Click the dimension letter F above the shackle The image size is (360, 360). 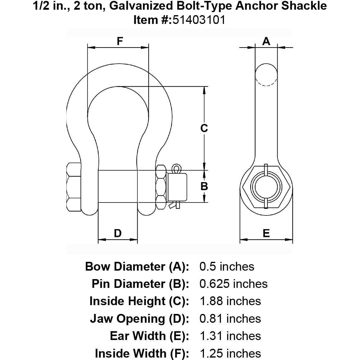120,41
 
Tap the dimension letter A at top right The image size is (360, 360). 266,41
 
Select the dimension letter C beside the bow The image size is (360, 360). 204,128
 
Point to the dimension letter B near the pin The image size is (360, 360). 204,186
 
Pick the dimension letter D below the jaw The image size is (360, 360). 118,233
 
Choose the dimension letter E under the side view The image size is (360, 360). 266,233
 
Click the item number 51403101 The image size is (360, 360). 199,20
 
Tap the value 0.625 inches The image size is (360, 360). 234,284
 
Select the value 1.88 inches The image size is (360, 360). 230,301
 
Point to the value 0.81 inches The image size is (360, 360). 230,318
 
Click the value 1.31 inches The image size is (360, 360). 230,336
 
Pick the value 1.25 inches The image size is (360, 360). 230,353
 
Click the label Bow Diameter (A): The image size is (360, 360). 137,267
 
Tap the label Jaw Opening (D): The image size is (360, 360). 140,319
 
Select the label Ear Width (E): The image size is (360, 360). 149,336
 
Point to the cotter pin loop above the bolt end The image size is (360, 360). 176,169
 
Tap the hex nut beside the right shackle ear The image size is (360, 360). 161,187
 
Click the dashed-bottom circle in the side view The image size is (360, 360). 266,75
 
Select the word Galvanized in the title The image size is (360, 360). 141,6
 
